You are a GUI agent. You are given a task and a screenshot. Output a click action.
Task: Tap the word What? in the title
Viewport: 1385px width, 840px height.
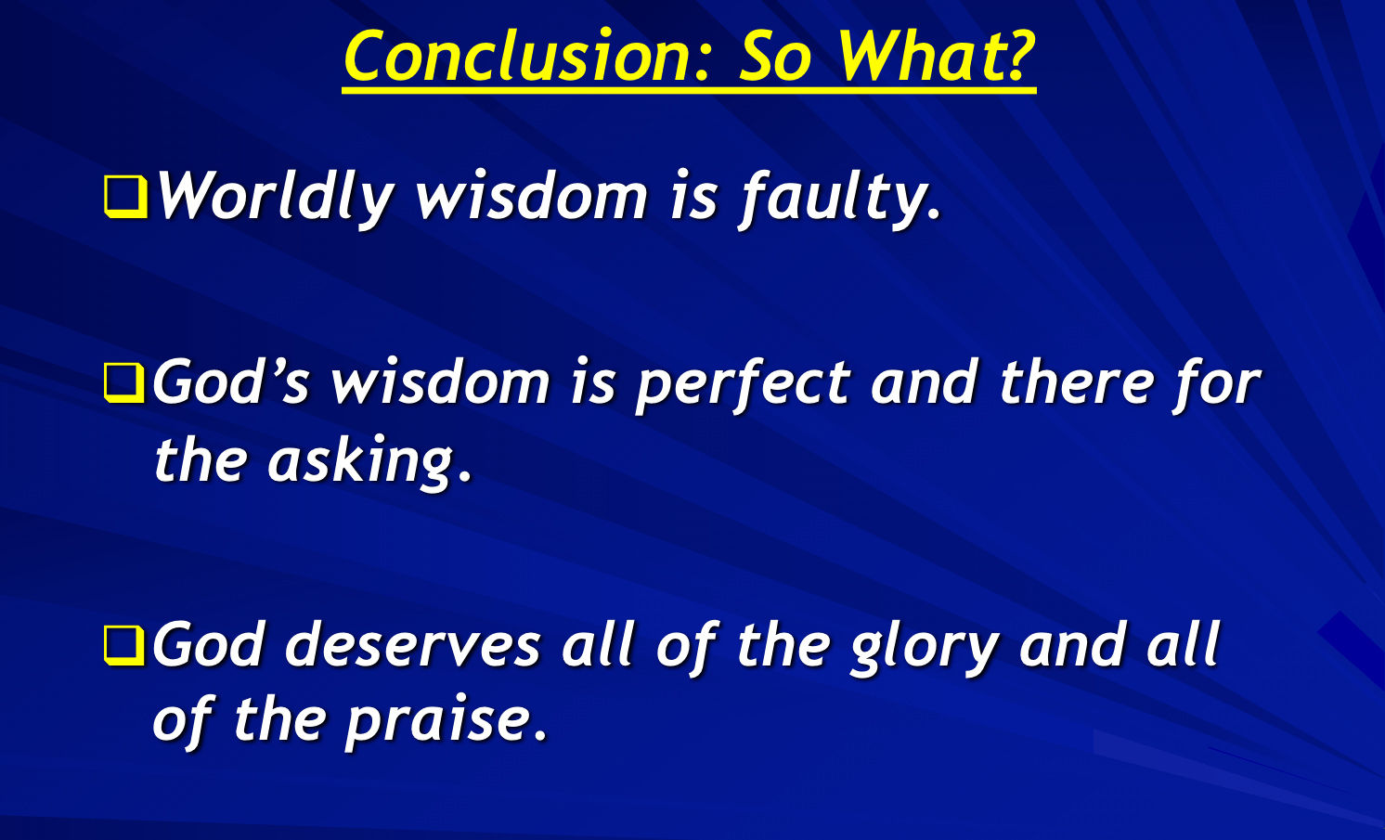(935, 58)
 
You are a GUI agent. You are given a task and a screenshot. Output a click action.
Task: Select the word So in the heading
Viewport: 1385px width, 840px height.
(776, 58)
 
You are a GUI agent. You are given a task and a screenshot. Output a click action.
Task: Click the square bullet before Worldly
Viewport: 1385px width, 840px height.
(124, 197)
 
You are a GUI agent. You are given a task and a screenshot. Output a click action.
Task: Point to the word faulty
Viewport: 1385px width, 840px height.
(840, 197)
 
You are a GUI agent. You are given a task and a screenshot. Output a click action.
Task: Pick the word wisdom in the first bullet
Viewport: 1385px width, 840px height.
(531, 197)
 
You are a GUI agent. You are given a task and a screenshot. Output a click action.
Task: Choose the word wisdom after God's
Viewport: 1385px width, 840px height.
(440, 382)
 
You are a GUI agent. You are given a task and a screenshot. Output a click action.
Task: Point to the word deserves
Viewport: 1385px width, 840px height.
(412, 645)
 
